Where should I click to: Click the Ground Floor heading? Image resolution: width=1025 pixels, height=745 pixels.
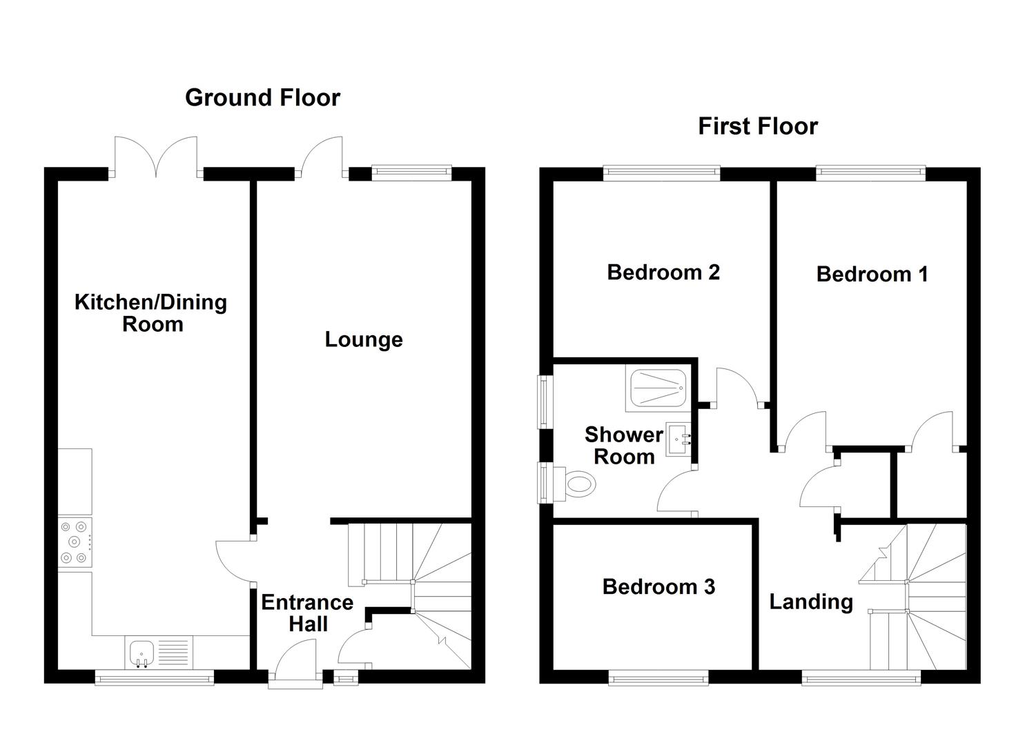click(x=262, y=98)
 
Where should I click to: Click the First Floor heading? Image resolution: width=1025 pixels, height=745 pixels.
click(x=757, y=126)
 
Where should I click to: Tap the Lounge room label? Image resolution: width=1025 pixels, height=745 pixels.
click(x=364, y=339)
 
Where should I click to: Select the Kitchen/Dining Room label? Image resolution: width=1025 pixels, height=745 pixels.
click(x=150, y=313)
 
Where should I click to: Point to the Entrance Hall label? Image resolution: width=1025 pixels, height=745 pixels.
click(x=307, y=613)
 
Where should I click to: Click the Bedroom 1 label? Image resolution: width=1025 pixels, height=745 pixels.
click(x=871, y=274)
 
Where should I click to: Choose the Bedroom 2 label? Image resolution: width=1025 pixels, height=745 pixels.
click(x=663, y=272)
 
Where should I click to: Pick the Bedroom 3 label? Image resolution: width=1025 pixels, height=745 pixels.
click(x=658, y=586)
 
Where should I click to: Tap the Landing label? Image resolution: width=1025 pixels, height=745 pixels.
click(x=810, y=602)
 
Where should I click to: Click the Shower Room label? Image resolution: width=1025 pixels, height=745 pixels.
click(x=623, y=445)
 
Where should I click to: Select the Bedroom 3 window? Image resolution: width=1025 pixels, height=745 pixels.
click(x=658, y=679)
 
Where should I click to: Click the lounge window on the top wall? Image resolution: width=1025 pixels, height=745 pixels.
click(x=411, y=172)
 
